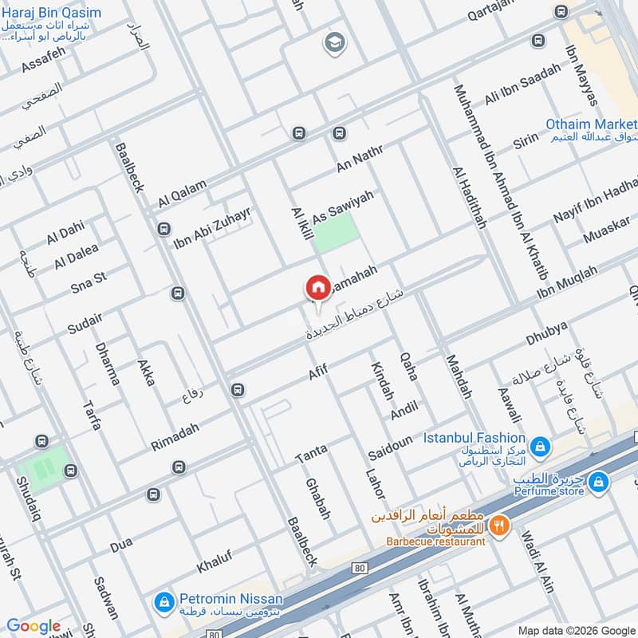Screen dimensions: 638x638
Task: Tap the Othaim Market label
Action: [591, 124]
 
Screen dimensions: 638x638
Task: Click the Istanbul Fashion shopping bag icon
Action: [540, 445]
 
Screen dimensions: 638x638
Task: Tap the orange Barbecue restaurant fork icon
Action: [499, 526]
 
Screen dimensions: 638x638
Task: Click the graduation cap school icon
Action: [333, 43]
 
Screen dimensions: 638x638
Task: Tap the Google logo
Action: [33, 626]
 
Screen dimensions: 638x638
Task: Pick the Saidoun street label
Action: [390, 447]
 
